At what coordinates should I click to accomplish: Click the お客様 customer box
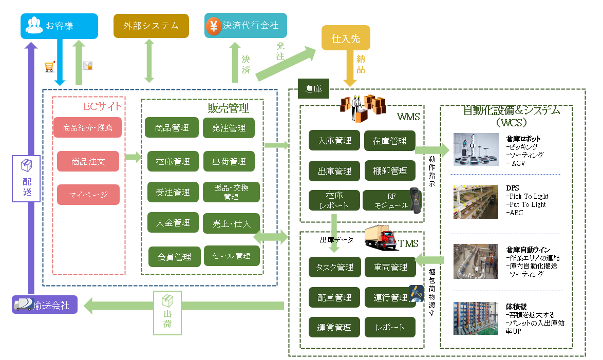59,26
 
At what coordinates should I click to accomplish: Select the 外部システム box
151,26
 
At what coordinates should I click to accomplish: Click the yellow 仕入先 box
346,39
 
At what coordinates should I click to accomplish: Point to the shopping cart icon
50,67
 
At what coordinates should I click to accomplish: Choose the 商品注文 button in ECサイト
88,161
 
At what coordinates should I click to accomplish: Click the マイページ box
88,195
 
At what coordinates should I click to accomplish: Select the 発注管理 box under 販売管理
229,128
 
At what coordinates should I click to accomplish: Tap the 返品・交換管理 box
231,192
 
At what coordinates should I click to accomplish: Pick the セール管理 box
231,256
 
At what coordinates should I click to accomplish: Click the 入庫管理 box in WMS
334,140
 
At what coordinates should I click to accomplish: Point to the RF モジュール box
388,200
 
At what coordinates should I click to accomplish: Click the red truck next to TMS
381,238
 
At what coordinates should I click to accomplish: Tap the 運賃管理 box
334,327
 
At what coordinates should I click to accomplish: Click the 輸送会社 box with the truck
45,305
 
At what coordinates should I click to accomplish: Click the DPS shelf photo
476,202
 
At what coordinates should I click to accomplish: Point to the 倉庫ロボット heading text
523,139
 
